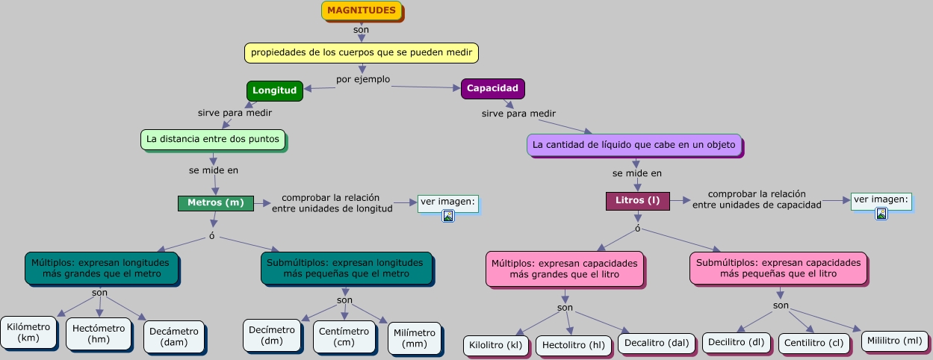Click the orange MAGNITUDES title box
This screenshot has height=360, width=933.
[362, 10]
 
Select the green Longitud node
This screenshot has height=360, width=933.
[274, 90]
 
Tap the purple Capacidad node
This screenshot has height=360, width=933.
[492, 88]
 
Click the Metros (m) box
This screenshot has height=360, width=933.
[215, 203]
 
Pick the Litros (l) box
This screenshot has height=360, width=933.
[637, 200]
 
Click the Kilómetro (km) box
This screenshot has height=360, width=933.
[28, 332]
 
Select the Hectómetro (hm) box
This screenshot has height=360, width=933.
[99, 333]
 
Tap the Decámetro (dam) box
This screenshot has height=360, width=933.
[174, 337]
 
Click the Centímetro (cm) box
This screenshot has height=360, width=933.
[344, 337]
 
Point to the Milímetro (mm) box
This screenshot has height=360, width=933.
[414, 338]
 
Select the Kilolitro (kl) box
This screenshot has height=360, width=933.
[496, 346]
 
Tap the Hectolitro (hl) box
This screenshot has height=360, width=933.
[574, 346]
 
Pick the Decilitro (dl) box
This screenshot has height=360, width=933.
[737, 343]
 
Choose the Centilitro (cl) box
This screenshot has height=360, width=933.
[814, 344]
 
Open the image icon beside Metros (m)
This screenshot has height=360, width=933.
[448, 216]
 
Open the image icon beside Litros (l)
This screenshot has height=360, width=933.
[881, 214]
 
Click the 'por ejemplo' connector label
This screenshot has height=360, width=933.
[363, 79]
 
